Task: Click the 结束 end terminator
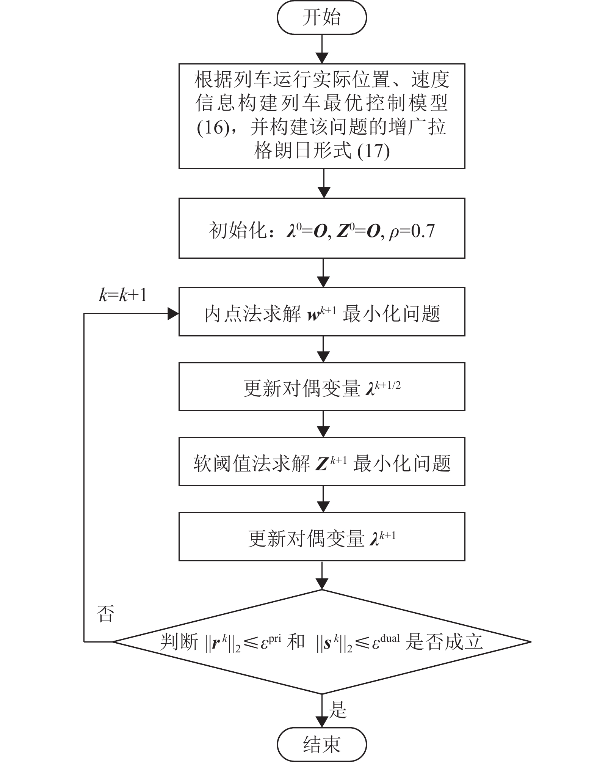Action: click(x=322, y=744)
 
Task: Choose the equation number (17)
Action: click(x=373, y=151)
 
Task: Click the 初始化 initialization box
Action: click(x=322, y=228)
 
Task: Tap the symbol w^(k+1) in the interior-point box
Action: click(x=322, y=314)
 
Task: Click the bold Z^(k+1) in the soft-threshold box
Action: click(x=328, y=463)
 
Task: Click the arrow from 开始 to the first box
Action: click(x=322, y=49)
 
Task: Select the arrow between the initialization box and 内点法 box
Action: click(x=323, y=273)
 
